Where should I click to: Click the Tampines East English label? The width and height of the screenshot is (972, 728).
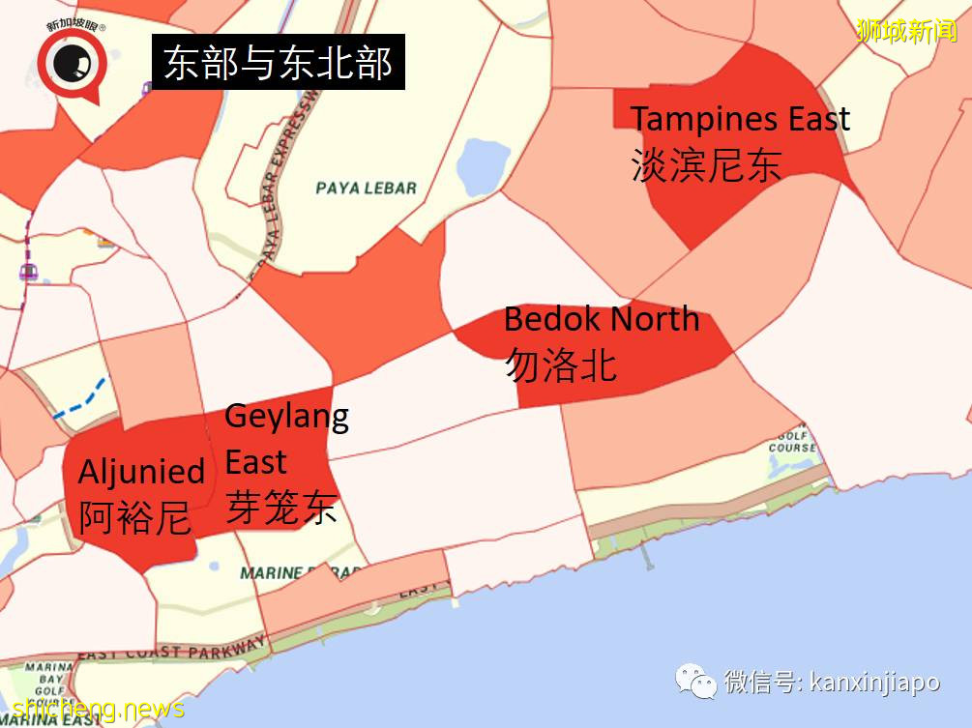tap(740, 120)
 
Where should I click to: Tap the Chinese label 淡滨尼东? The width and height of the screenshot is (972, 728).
tap(705, 165)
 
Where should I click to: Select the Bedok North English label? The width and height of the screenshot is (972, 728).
tap(602, 319)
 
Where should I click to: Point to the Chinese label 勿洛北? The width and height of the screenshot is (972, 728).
tap(560, 365)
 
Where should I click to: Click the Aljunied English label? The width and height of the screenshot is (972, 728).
tap(141, 472)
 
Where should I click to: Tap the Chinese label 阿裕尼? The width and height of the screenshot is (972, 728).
tap(134, 518)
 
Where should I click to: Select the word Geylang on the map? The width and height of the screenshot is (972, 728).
tap(286, 418)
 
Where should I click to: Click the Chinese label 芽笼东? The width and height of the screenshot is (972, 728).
tap(281, 507)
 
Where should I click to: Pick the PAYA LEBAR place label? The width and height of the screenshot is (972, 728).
tap(367, 188)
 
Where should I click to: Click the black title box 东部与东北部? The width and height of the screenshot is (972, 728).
tap(278, 64)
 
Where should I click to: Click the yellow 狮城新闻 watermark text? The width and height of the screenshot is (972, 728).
tap(905, 31)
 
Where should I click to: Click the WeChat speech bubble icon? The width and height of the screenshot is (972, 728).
tap(696, 682)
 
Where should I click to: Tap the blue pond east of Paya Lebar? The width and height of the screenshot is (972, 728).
tap(483, 166)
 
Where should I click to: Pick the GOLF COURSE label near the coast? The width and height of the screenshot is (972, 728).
tap(792, 441)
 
